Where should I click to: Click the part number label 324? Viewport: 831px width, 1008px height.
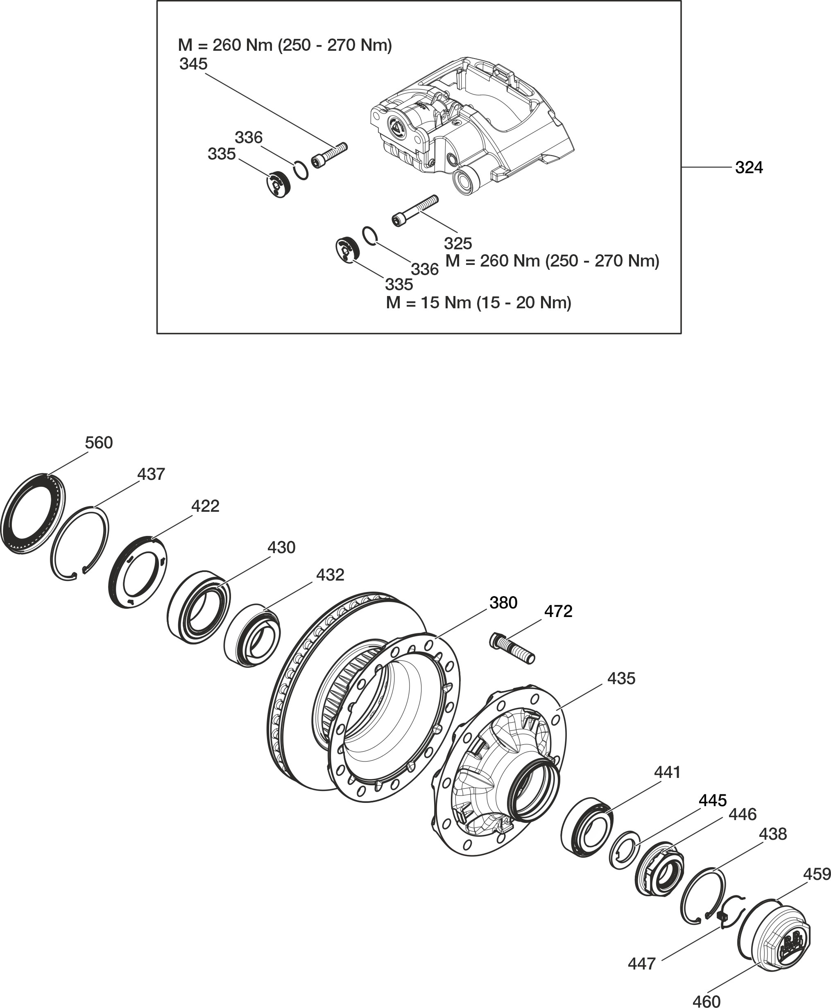749,167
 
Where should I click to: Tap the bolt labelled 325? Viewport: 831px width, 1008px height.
414,210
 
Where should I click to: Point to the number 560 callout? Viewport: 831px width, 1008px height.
99,443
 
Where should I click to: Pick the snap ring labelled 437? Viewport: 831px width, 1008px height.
80,544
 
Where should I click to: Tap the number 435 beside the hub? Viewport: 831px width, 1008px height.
621,678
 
